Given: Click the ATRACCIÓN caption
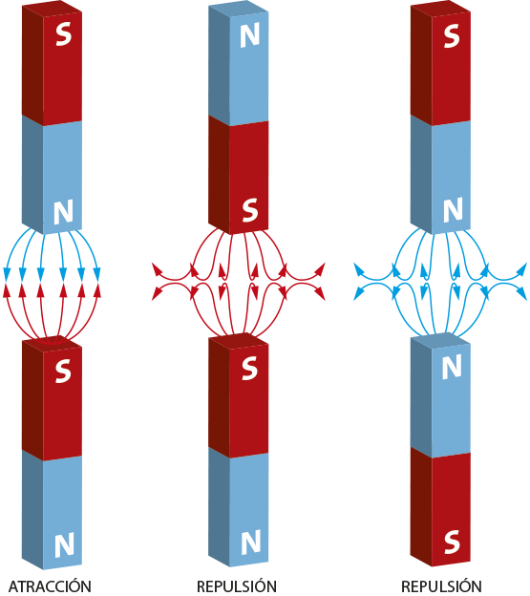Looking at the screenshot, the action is point(50,585).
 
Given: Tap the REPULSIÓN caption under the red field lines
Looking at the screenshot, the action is point(236,585).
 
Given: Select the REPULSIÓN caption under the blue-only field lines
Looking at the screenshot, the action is point(441,585).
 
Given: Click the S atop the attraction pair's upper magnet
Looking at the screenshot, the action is point(63,34).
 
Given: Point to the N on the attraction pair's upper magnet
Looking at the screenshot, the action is point(63,212).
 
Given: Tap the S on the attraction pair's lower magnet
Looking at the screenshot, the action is point(63,371).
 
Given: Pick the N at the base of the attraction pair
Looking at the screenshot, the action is point(64,544).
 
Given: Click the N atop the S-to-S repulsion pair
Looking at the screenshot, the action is point(249,35).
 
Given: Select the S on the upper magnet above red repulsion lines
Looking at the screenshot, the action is point(249,211).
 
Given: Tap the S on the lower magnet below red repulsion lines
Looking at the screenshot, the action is point(249,368).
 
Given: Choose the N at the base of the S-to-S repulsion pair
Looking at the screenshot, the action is point(251,542).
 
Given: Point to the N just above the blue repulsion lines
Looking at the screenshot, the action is point(453,209).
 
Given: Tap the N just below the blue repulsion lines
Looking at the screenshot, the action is point(452,367).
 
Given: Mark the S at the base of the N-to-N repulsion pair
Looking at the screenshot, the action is point(452,542).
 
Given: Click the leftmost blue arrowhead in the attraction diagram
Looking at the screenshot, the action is point(7,274).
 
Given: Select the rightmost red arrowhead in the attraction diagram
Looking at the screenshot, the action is point(97,290).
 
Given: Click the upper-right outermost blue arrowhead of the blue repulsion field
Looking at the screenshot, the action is point(522,268).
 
